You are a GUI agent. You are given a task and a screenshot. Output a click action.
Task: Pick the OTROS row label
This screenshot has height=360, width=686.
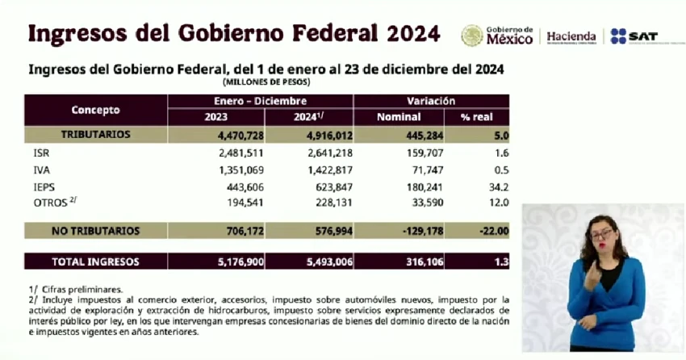pos(49,203)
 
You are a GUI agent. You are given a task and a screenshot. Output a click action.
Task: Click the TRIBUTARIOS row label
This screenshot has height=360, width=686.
pos(95,134)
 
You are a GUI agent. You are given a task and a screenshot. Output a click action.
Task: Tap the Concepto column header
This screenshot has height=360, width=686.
pos(95,110)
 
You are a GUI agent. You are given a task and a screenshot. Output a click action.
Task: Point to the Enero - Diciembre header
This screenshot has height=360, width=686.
pos(260,102)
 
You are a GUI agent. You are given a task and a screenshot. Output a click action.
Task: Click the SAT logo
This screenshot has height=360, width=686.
pos(634,36)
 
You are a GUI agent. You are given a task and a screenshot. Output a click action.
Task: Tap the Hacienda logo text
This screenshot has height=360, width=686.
pos(571,36)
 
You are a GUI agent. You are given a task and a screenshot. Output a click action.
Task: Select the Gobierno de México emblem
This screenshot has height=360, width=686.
pos(472,36)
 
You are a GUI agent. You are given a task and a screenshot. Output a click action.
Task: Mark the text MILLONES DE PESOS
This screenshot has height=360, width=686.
pos(266,82)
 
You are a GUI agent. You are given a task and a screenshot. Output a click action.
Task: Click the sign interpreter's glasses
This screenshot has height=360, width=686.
pos(600,234)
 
